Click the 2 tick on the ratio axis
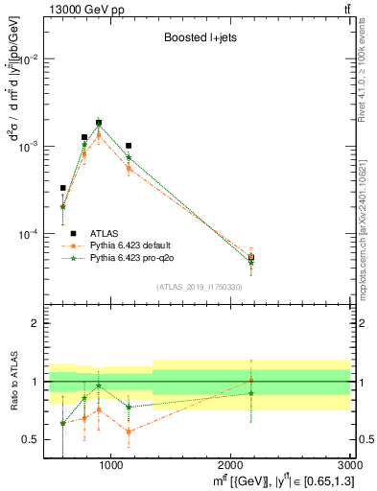click(35, 324)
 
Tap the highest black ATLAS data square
click(99, 123)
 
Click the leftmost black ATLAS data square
click(63, 188)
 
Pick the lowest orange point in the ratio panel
click(129, 432)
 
